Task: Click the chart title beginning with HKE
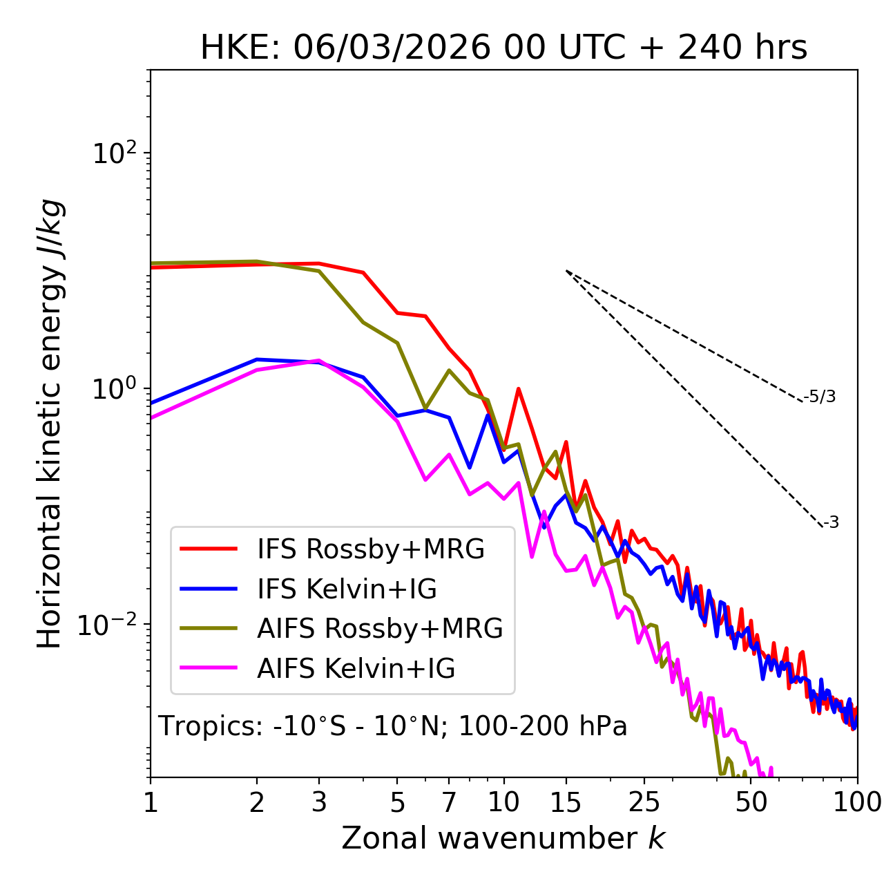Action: (503, 48)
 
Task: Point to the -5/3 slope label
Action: (820, 397)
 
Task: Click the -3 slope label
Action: (831, 522)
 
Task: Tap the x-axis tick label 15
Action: (566, 802)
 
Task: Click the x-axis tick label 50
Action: (751, 802)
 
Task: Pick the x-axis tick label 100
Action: (857, 802)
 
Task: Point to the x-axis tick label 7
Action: (449, 802)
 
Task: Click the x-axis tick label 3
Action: (319, 802)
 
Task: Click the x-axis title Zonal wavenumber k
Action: (503, 838)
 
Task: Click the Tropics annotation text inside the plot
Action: (392, 726)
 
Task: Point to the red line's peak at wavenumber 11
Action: (518, 389)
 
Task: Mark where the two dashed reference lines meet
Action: (566, 271)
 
